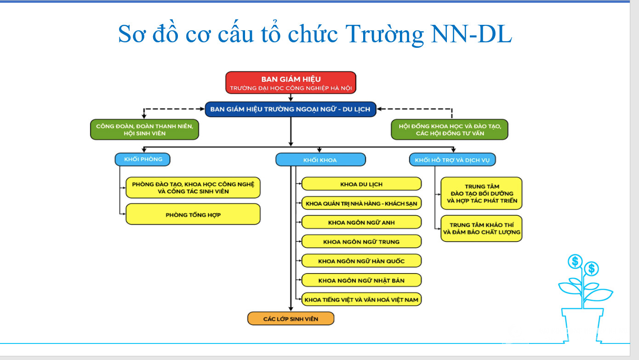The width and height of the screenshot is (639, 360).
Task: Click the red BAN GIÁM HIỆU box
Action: (291, 82)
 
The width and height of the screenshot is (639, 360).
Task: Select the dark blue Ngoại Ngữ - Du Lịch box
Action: (291, 109)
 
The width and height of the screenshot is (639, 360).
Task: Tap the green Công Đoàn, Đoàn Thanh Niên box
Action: (144, 129)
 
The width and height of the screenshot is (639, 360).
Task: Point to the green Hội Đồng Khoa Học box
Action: (450, 129)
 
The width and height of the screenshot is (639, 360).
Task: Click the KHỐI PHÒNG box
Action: (143, 159)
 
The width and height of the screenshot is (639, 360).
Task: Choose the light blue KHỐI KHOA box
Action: (320, 160)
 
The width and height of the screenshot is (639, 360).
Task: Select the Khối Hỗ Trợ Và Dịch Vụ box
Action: (452, 160)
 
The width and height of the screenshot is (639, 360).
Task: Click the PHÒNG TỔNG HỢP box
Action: (193, 214)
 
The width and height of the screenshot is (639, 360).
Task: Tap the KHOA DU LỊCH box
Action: (361, 184)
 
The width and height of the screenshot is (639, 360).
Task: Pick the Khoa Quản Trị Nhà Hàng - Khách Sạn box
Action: (361, 203)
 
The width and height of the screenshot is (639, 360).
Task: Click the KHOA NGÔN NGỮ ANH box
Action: (361, 222)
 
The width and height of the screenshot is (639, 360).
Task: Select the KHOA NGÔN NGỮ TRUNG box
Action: (361, 241)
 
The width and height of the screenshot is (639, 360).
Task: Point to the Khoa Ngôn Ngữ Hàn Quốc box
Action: (361, 261)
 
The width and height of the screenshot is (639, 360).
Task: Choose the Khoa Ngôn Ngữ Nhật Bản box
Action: (361, 280)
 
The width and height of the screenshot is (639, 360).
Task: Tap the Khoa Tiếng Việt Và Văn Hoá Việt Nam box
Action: (361, 299)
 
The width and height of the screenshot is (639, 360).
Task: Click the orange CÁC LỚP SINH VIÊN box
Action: (291, 319)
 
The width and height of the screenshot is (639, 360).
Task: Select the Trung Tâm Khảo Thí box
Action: (481, 229)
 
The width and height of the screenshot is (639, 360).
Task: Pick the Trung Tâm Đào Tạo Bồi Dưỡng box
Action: (481, 194)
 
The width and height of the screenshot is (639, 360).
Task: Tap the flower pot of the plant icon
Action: (582, 325)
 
